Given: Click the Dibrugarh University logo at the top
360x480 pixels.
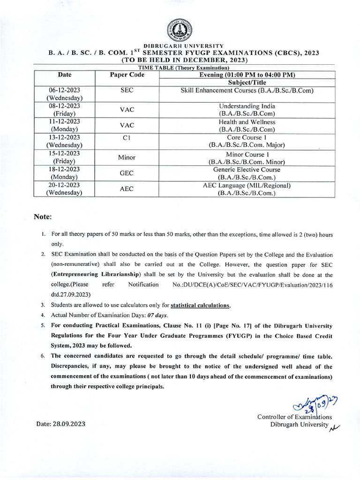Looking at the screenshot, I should pyautogui.click(x=180, y=32).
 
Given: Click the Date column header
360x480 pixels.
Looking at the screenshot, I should pyautogui.click(x=64, y=75).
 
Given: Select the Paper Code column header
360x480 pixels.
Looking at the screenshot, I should pyautogui.click(x=127, y=75).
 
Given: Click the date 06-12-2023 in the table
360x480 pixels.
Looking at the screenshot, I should pyautogui.click(x=64, y=90).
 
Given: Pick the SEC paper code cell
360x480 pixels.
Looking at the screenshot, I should pyautogui.click(x=127, y=90).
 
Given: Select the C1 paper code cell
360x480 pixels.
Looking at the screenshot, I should pyautogui.click(x=127, y=138).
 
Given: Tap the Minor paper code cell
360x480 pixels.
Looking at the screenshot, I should pyautogui.click(x=127, y=157).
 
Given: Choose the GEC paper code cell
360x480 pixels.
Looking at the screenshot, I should pyautogui.click(x=127, y=173).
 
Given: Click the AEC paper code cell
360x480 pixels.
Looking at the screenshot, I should pyautogui.click(x=127, y=189).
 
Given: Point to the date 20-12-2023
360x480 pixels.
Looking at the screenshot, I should pyautogui.click(x=64, y=186).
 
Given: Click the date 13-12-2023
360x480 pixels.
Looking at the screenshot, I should pyautogui.click(x=64, y=138).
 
